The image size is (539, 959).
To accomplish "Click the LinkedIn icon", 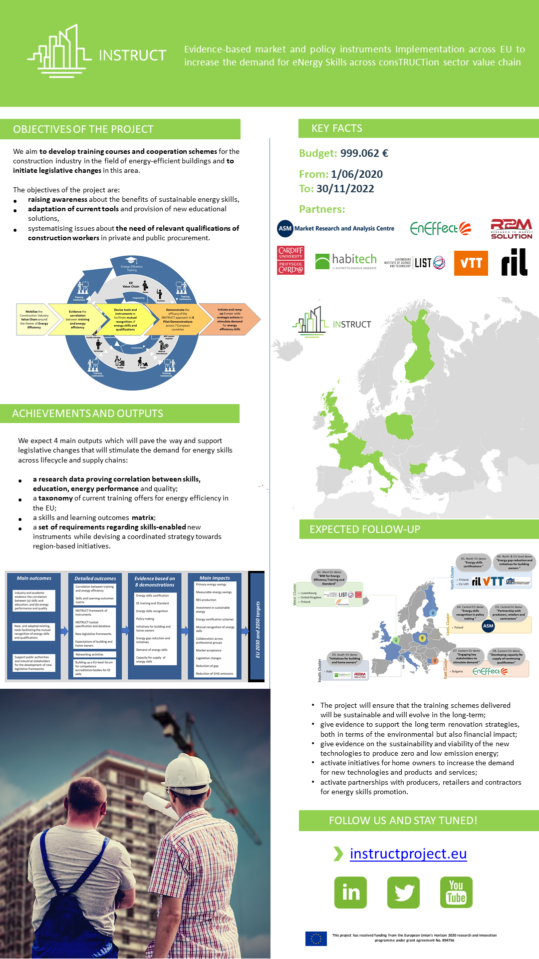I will click(x=350, y=892).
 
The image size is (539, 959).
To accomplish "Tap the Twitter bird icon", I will click(x=403, y=892).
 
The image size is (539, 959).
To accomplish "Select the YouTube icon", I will click(x=456, y=892).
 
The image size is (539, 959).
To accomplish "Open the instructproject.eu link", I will click(x=408, y=854).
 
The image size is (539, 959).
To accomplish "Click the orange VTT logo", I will click(x=471, y=263).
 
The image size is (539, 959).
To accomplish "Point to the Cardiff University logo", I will click(x=290, y=260).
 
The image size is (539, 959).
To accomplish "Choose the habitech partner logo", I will click(x=346, y=261).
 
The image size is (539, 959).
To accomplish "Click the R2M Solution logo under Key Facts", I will click(x=511, y=229).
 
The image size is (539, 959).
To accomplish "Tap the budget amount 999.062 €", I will click(x=364, y=153).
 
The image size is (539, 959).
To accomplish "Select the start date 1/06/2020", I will click(x=356, y=174).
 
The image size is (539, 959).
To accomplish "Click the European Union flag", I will click(x=316, y=939).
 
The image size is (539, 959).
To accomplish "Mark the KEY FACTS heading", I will click(x=337, y=128).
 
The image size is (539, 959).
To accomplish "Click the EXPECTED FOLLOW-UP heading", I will click(x=364, y=529).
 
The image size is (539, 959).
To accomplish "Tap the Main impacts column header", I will click(x=215, y=578).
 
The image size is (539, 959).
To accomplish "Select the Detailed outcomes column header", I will click(x=95, y=578).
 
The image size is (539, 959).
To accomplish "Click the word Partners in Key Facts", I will click(x=322, y=209).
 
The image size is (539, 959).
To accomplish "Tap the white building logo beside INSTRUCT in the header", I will click(x=59, y=52).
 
